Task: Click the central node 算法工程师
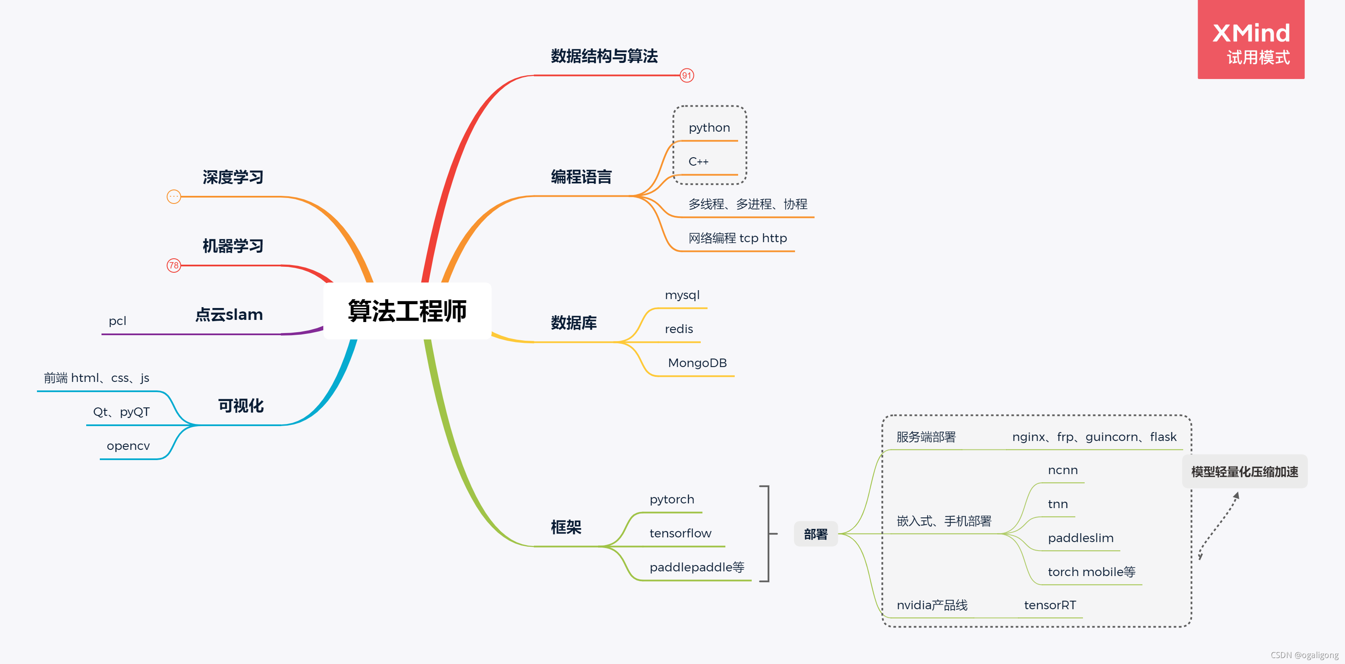(407, 311)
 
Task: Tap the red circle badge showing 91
(687, 75)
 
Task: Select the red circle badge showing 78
(173, 266)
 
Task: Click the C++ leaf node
(698, 162)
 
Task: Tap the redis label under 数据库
(679, 329)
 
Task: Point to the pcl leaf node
(118, 321)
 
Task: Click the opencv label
(128, 446)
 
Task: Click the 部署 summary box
(815, 534)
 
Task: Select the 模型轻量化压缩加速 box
(1244, 472)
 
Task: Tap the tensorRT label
(1049, 605)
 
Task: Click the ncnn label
(1063, 470)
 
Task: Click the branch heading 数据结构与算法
(604, 56)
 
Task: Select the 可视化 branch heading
(241, 406)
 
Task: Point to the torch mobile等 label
(1091, 572)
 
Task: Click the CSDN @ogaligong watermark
(1304, 655)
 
